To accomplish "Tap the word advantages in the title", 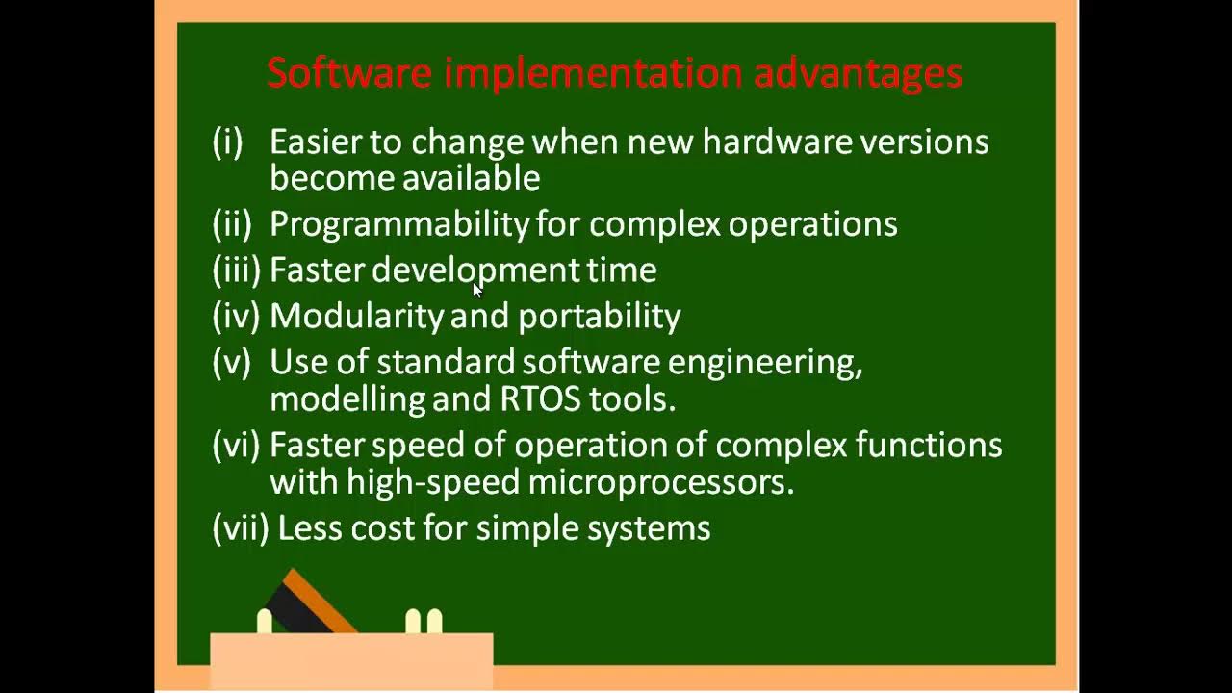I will click(858, 73).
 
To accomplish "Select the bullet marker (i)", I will click(227, 142).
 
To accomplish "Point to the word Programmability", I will click(398, 224).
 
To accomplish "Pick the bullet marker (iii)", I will click(236, 270).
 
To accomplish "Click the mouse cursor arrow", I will click(477, 291).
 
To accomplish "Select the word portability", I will click(599, 316).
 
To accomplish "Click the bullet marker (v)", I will click(231, 362).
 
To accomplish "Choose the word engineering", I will click(764, 363).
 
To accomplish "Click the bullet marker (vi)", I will click(236, 445).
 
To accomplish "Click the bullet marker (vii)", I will click(240, 527).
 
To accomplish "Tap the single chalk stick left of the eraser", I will click(264, 621).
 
